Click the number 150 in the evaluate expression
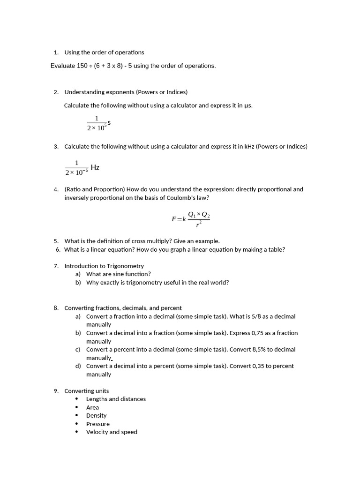[82, 66]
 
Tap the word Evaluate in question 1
[62, 66]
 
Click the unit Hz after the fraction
[95, 167]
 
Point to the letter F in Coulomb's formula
[174, 219]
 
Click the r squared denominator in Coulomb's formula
[199, 225]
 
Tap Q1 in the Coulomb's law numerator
[192, 215]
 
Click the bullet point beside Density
[77, 416]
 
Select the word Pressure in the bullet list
[97, 424]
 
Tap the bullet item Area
[92, 407]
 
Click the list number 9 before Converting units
[55, 391]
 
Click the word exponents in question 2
[120, 92]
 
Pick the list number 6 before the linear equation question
[58, 249]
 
